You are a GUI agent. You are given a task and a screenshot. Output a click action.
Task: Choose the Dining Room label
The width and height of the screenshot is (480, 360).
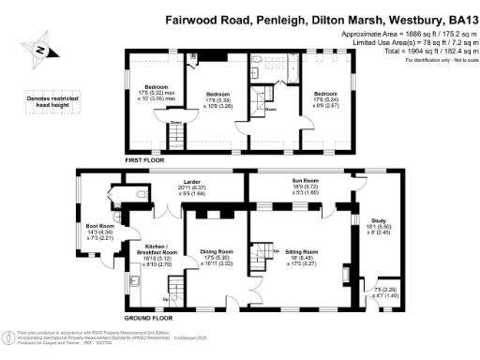pyautogui.click(x=216, y=251)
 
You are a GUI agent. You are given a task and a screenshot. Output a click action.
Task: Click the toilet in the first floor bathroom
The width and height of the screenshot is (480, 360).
pyautogui.click(x=256, y=61)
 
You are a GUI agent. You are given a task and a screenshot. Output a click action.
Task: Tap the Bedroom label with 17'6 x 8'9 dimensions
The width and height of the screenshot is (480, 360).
pyautogui.click(x=325, y=94)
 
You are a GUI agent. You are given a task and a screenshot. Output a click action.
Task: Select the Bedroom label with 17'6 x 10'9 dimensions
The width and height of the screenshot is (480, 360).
pyautogui.click(x=218, y=94)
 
